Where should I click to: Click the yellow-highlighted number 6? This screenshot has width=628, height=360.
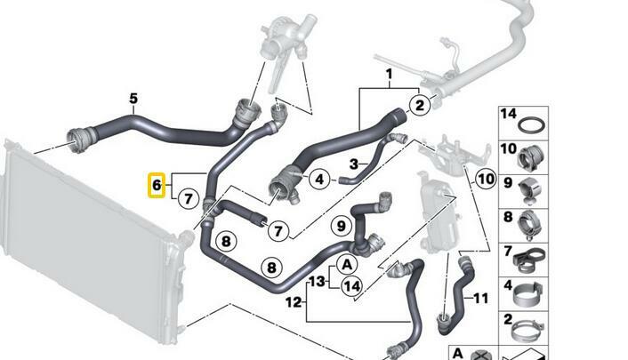[157, 186]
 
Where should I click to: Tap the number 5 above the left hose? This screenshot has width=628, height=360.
[133, 98]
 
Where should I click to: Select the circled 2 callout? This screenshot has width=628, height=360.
[419, 105]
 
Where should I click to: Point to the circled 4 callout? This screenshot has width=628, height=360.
[319, 179]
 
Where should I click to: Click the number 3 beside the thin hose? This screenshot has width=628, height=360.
[354, 164]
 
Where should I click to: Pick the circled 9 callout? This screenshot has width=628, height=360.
[341, 227]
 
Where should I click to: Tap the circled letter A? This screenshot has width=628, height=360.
[347, 265]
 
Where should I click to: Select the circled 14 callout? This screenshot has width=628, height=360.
[352, 286]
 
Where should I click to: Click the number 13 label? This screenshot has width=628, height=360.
[318, 281]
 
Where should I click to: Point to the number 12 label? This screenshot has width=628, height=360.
[294, 302]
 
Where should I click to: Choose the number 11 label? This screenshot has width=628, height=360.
[480, 299]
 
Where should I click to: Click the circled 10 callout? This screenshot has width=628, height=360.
[486, 179]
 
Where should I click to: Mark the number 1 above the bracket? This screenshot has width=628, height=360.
[389, 74]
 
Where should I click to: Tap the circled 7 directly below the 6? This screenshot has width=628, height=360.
[189, 198]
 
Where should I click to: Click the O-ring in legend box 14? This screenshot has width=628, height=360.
[532, 125]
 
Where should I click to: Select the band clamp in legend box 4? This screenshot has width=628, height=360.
[527, 294]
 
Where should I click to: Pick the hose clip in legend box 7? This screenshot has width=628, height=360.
[529, 260]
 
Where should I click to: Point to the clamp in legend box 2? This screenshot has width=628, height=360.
[528, 329]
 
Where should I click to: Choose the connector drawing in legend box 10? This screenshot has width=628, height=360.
[531, 157]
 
